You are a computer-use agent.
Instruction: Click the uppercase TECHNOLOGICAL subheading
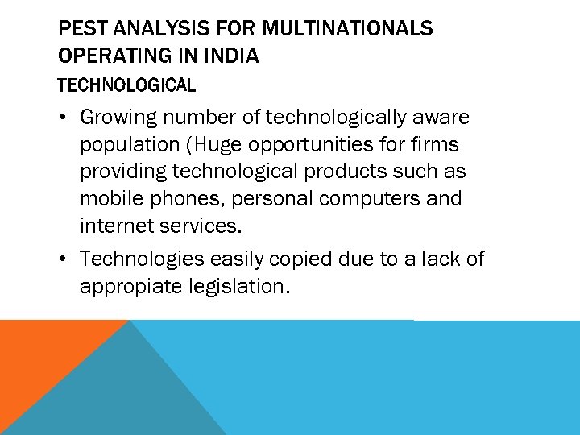tap(126, 85)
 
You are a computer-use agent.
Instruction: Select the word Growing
tap(120, 118)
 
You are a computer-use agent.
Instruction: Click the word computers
tap(375, 199)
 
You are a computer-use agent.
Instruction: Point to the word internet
tap(114, 226)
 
